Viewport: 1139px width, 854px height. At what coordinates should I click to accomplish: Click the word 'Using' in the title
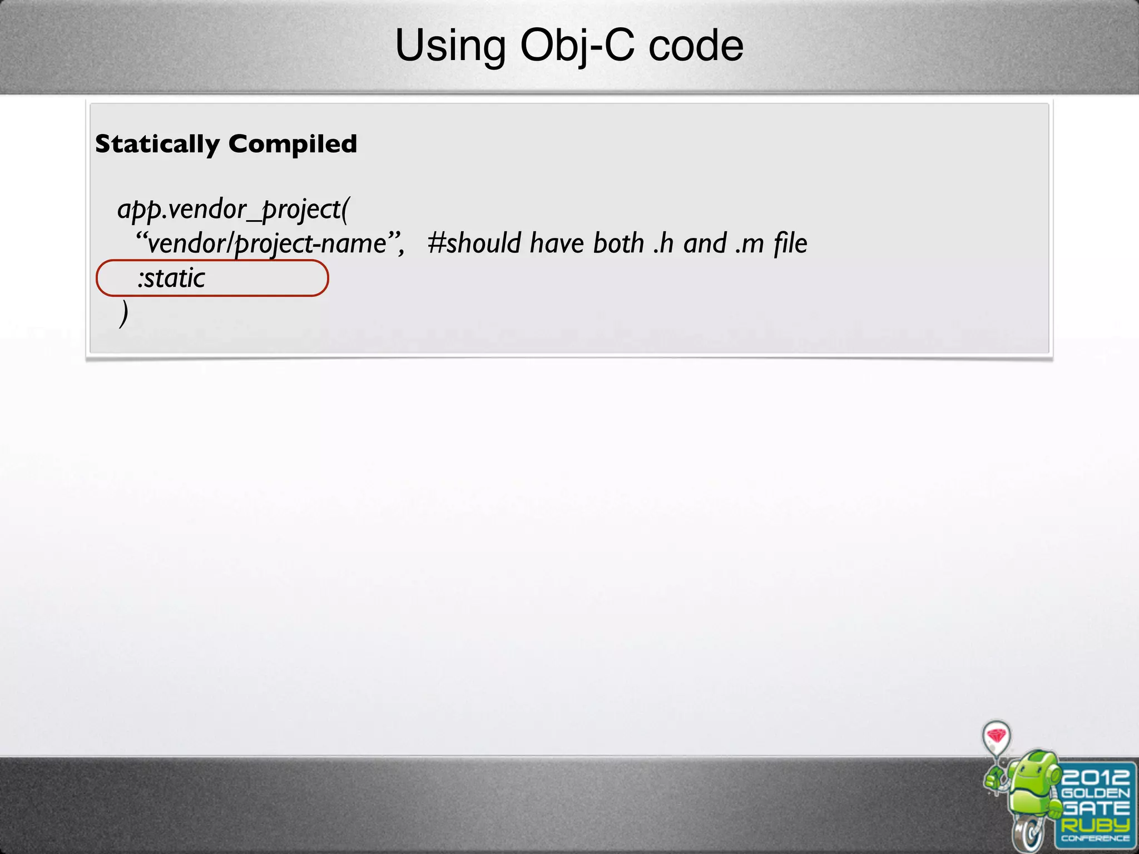(x=450, y=46)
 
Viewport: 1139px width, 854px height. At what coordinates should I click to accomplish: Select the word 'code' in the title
(x=696, y=46)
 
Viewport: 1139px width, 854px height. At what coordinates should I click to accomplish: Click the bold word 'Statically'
(x=157, y=144)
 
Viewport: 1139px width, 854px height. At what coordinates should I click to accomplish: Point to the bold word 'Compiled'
(x=293, y=144)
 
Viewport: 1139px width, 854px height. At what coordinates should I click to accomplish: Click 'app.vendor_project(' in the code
(x=233, y=210)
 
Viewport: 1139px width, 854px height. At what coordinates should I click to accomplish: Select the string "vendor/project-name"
(x=268, y=244)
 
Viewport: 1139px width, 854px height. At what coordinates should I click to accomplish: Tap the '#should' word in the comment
(x=474, y=244)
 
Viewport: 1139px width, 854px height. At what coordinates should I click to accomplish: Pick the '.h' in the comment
(x=664, y=244)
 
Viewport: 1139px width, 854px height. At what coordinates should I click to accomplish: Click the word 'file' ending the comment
(x=790, y=244)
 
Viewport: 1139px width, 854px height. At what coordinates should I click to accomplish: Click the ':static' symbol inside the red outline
(x=171, y=278)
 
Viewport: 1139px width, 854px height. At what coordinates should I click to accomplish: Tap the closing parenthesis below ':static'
(x=123, y=313)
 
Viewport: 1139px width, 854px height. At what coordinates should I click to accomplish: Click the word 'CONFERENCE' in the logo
(x=1095, y=838)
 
